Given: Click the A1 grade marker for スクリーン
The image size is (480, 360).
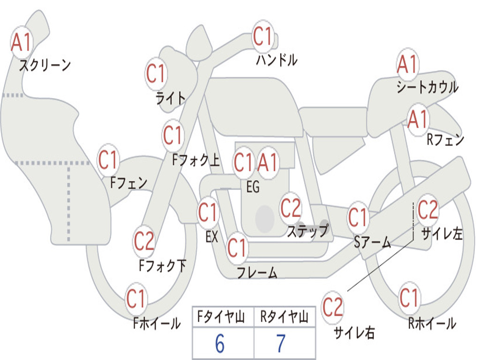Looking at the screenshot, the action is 21,43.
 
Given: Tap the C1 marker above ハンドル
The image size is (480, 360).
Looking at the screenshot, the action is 263,37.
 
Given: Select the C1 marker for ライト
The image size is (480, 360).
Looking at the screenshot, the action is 156,74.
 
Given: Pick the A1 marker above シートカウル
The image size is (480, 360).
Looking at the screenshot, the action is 407,65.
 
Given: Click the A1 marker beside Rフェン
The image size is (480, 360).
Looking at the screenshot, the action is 418,120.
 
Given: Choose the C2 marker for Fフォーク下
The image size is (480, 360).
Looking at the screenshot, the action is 144,242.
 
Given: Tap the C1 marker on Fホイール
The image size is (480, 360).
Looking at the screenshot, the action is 136,299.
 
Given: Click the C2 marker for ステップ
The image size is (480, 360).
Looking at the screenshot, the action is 291,208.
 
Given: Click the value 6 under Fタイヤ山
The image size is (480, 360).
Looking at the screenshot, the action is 220,344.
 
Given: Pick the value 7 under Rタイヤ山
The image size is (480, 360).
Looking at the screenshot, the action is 281,344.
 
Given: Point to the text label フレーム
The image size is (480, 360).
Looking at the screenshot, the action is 257,272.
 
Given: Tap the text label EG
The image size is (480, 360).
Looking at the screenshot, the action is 253,187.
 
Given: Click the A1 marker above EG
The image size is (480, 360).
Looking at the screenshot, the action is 268,163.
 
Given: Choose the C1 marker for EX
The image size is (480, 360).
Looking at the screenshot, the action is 208,213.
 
